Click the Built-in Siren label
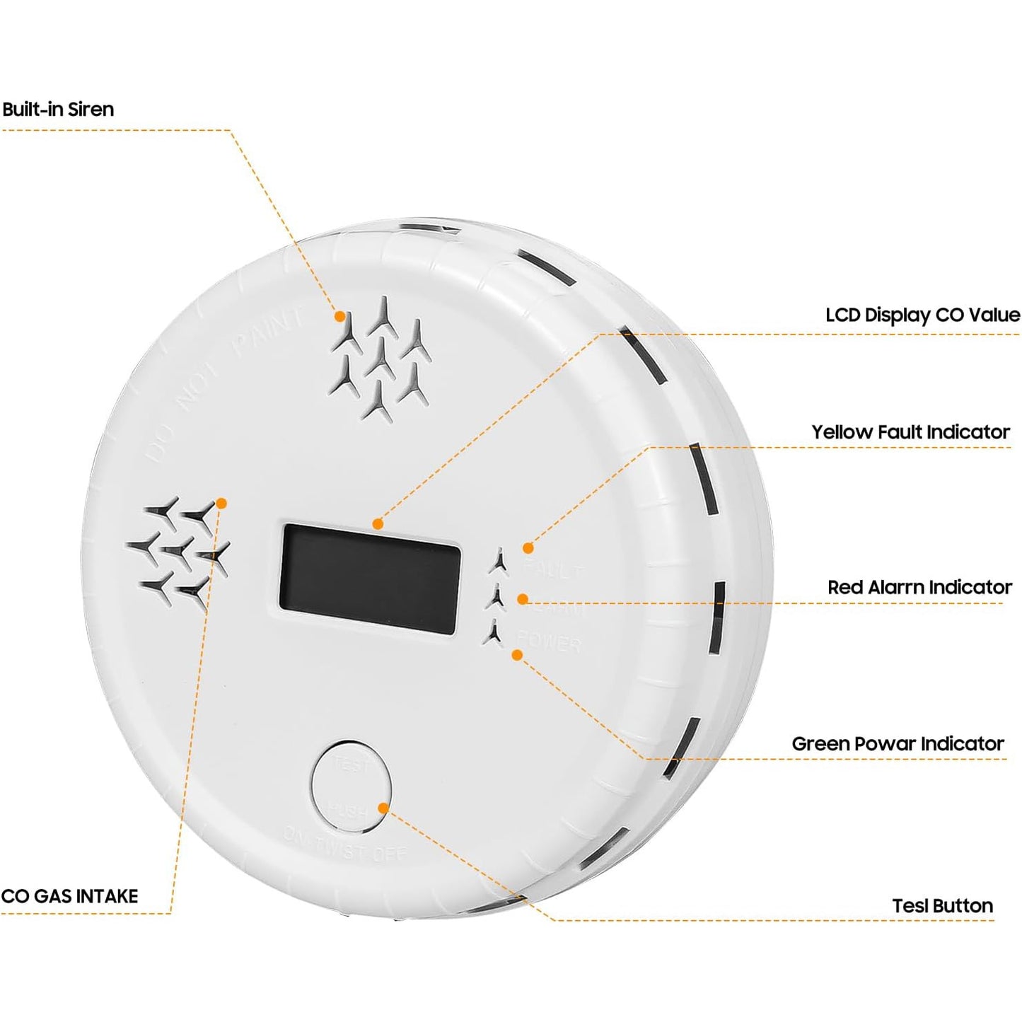point(58,110)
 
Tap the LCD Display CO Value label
point(922,315)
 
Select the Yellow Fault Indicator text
point(910,432)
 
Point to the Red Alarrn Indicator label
point(919,588)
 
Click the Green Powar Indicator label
point(898,744)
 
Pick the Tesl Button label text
point(942,906)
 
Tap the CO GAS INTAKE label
point(69,896)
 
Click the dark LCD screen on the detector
point(370,579)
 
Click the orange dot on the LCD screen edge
point(378,524)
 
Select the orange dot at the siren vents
point(340,316)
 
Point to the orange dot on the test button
point(383,808)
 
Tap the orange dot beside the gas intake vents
point(221,504)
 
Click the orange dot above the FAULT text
point(528,547)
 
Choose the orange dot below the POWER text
point(517,655)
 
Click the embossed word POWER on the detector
point(550,641)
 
